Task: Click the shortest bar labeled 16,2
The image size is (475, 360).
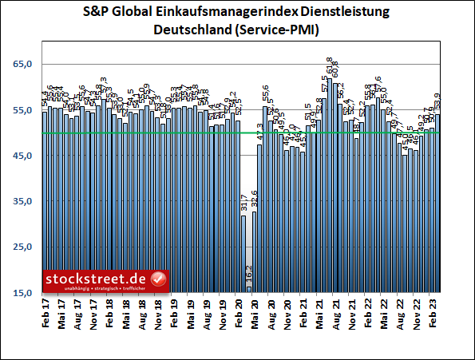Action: tap(249, 289)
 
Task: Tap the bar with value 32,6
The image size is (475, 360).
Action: tap(255, 251)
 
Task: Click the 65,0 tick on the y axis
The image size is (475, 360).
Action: tap(23, 65)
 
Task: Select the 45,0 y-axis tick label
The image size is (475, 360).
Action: tap(23, 156)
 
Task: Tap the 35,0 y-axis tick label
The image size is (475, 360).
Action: tap(23, 202)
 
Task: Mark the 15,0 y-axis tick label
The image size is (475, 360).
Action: tap(23, 294)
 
